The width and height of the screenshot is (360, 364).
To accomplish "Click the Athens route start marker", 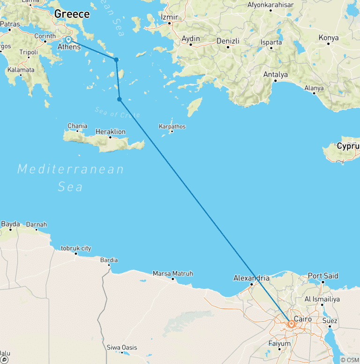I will (x=68, y=39).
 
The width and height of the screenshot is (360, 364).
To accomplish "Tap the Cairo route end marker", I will (x=292, y=324).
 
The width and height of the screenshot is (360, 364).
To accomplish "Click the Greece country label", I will (x=72, y=14).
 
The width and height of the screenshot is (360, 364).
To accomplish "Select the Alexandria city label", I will (x=252, y=278).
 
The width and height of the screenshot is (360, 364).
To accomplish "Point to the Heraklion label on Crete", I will (x=110, y=132).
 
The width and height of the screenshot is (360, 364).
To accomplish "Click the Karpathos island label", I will (x=172, y=127).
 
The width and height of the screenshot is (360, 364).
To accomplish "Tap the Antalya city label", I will (x=276, y=75).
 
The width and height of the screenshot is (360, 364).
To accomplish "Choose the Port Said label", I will (x=323, y=276).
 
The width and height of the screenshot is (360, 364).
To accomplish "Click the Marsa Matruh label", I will (x=173, y=273).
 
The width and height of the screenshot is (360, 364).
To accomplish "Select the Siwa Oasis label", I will (x=122, y=348).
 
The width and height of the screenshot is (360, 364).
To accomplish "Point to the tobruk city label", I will (x=76, y=249).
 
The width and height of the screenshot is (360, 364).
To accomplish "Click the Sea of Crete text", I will (x=117, y=113).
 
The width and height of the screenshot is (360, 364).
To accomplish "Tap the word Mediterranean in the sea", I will (x=70, y=169).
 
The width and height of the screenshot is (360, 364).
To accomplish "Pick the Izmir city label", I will (x=170, y=17).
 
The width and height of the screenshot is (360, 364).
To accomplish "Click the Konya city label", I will (x=329, y=38).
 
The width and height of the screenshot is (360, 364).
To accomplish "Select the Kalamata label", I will (x=21, y=70).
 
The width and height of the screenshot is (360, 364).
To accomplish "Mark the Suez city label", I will (x=330, y=321).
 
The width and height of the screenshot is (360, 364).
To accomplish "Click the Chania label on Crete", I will (x=77, y=126).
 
